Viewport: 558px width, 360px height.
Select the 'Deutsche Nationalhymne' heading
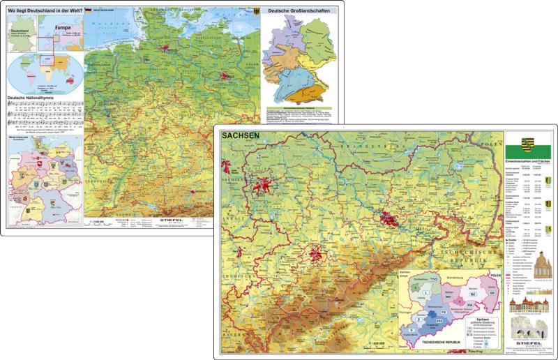coord(34,98)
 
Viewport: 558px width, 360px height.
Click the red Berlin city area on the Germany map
coord(225,75)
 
